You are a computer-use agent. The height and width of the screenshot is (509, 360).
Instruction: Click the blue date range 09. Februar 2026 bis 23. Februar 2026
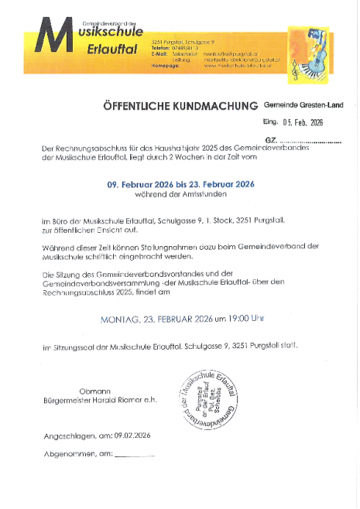(x=180, y=185)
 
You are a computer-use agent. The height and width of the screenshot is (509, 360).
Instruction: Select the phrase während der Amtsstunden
(x=180, y=196)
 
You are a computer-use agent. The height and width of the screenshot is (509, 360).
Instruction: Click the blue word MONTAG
(x=122, y=319)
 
